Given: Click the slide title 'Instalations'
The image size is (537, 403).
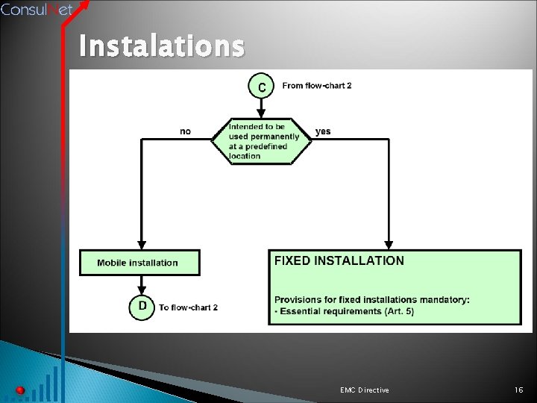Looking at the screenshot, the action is point(161,47).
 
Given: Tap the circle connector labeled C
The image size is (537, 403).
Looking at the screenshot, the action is point(261,87).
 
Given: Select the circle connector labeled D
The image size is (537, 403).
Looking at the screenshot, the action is point(142,307).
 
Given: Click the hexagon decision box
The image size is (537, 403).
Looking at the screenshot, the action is point(260,141).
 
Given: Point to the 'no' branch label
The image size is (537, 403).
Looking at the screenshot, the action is point(185,131).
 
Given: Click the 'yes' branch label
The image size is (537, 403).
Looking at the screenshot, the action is point(323,131).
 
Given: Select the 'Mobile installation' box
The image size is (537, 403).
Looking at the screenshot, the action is point(139,263).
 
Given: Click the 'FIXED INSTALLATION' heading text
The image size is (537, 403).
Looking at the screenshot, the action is point(339,260).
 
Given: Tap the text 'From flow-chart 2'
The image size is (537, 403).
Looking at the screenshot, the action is point(316,86).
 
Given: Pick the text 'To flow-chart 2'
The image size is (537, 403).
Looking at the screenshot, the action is point(188,307).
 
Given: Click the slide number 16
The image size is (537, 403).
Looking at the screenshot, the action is point(519,390).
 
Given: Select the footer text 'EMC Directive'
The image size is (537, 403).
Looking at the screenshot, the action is point(364,390).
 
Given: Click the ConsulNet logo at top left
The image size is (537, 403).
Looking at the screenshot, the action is point(37,10).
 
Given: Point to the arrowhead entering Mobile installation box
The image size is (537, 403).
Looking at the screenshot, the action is point(142,246).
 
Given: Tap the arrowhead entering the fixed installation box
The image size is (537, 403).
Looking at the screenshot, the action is point(389,245).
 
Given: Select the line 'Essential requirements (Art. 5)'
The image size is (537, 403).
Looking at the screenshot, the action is point(335,311).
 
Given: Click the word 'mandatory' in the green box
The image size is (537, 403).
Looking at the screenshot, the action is point(445,300).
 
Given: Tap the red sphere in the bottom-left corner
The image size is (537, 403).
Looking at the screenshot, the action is point(20,390).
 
